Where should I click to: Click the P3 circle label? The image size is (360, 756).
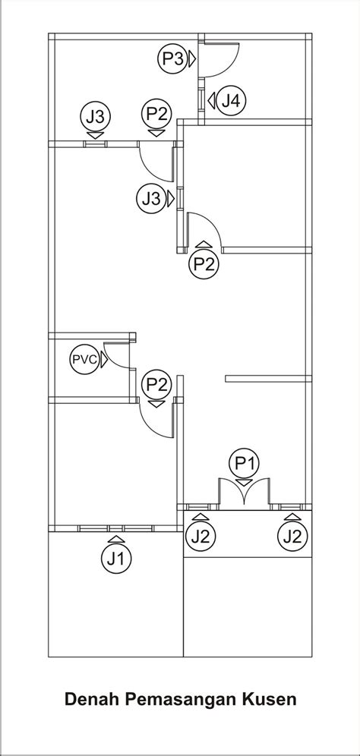[x=172, y=58]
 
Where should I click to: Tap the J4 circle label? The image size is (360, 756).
[x=231, y=101]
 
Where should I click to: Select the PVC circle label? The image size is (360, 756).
[x=85, y=360]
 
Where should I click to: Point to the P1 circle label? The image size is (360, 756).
[x=245, y=463]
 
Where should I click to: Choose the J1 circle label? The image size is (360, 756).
[x=116, y=559]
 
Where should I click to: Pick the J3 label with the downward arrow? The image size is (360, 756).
[x=96, y=116]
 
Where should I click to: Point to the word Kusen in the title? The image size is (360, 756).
[x=272, y=699]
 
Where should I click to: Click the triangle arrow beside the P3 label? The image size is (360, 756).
[x=192, y=58]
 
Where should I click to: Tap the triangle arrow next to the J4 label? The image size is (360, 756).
[x=211, y=101]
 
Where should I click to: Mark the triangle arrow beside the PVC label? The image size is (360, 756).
[x=104, y=360]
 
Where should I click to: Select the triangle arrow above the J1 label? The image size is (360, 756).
[x=116, y=539]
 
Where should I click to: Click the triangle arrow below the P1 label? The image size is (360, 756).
[x=245, y=483]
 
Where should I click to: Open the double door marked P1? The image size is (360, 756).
[x=245, y=493]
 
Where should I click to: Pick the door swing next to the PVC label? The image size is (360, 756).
[x=115, y=354]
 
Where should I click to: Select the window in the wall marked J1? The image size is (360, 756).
[x=115, y=528]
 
